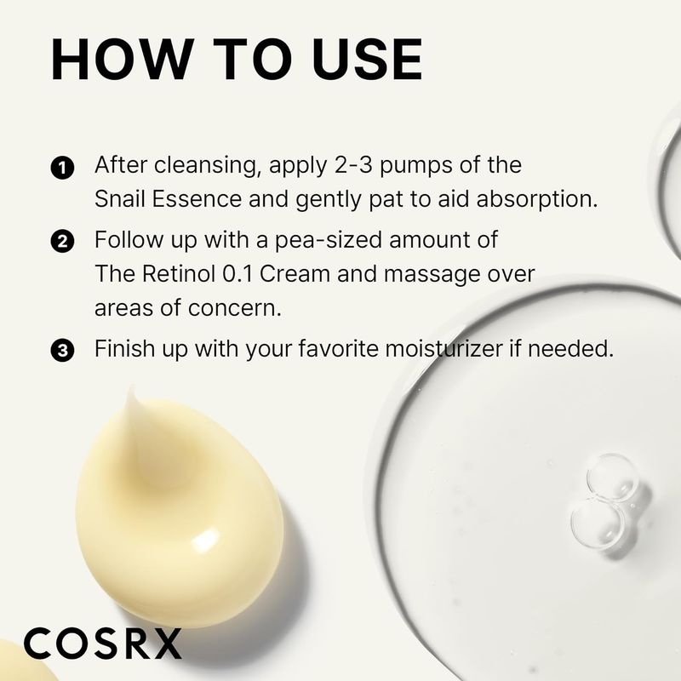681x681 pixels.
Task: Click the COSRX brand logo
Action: pyautogui.click(x=102, y=644)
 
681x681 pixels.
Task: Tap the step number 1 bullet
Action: pyautogui.click(x=62, y=166)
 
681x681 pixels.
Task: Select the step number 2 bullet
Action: pyautogui.click(x=62, y=242)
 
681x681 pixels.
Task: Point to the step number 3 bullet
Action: pyautogui.click(x=62, y=350)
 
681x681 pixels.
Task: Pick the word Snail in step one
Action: pyautogui.click(x=118, y=200)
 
